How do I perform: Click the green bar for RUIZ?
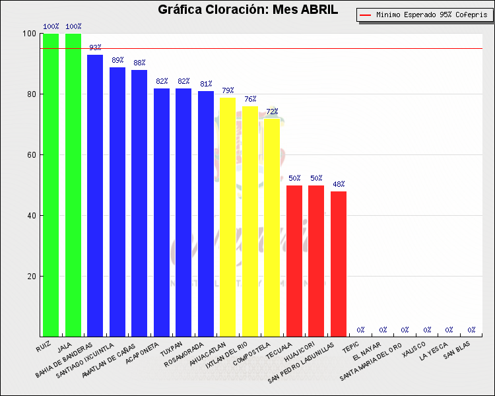point(51,185)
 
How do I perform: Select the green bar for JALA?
point(73,185)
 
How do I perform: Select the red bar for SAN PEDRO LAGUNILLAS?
point(339,263)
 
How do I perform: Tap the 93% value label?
point(95,48)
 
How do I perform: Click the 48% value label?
point(339,184)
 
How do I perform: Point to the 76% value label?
point(250,99)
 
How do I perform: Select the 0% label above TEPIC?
point(361,329)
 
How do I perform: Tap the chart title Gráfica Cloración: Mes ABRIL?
point(247,9)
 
